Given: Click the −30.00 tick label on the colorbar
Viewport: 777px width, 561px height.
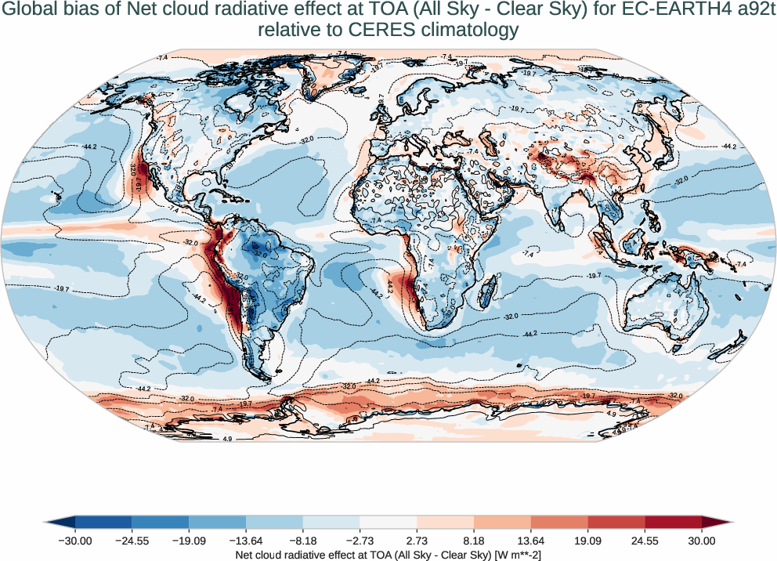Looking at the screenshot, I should (75, 541).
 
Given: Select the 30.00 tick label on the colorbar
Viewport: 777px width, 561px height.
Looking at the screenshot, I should (702, 541).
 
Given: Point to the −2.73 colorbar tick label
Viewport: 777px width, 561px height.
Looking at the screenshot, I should (360, 541).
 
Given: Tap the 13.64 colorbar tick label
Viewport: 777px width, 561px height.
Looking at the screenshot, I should (531, 541).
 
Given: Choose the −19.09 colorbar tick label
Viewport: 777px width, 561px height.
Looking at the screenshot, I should (189, 541).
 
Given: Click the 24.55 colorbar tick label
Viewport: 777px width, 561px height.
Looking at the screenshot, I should (645, 541).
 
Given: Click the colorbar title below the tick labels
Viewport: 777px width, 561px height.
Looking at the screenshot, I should (388, 555).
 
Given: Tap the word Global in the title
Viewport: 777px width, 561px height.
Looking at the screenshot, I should (31, 11).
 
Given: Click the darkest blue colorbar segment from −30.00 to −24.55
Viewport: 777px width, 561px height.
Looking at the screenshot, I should (103, 522).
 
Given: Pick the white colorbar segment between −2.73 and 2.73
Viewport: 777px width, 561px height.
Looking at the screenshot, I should (388, 522).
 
